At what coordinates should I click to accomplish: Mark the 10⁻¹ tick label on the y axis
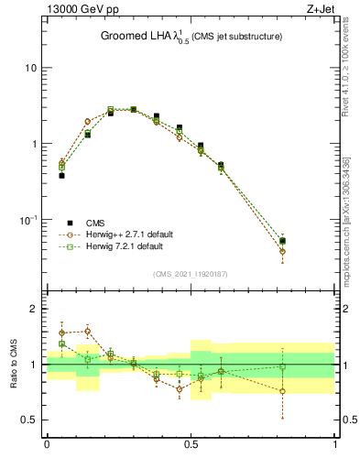tap(27, 220)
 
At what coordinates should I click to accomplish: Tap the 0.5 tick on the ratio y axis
tap(27, 420)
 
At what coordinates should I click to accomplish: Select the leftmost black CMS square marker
tap(61, 175)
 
